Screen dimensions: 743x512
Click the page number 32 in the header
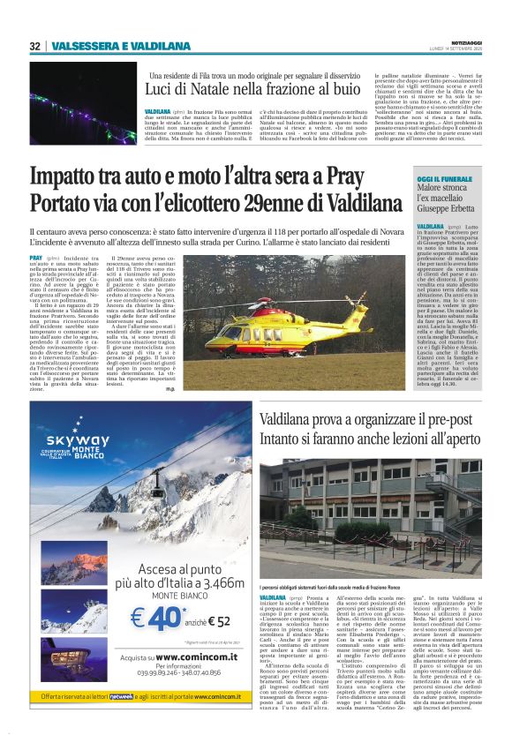point(35,46)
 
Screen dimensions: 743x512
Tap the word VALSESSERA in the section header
point(81,46)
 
